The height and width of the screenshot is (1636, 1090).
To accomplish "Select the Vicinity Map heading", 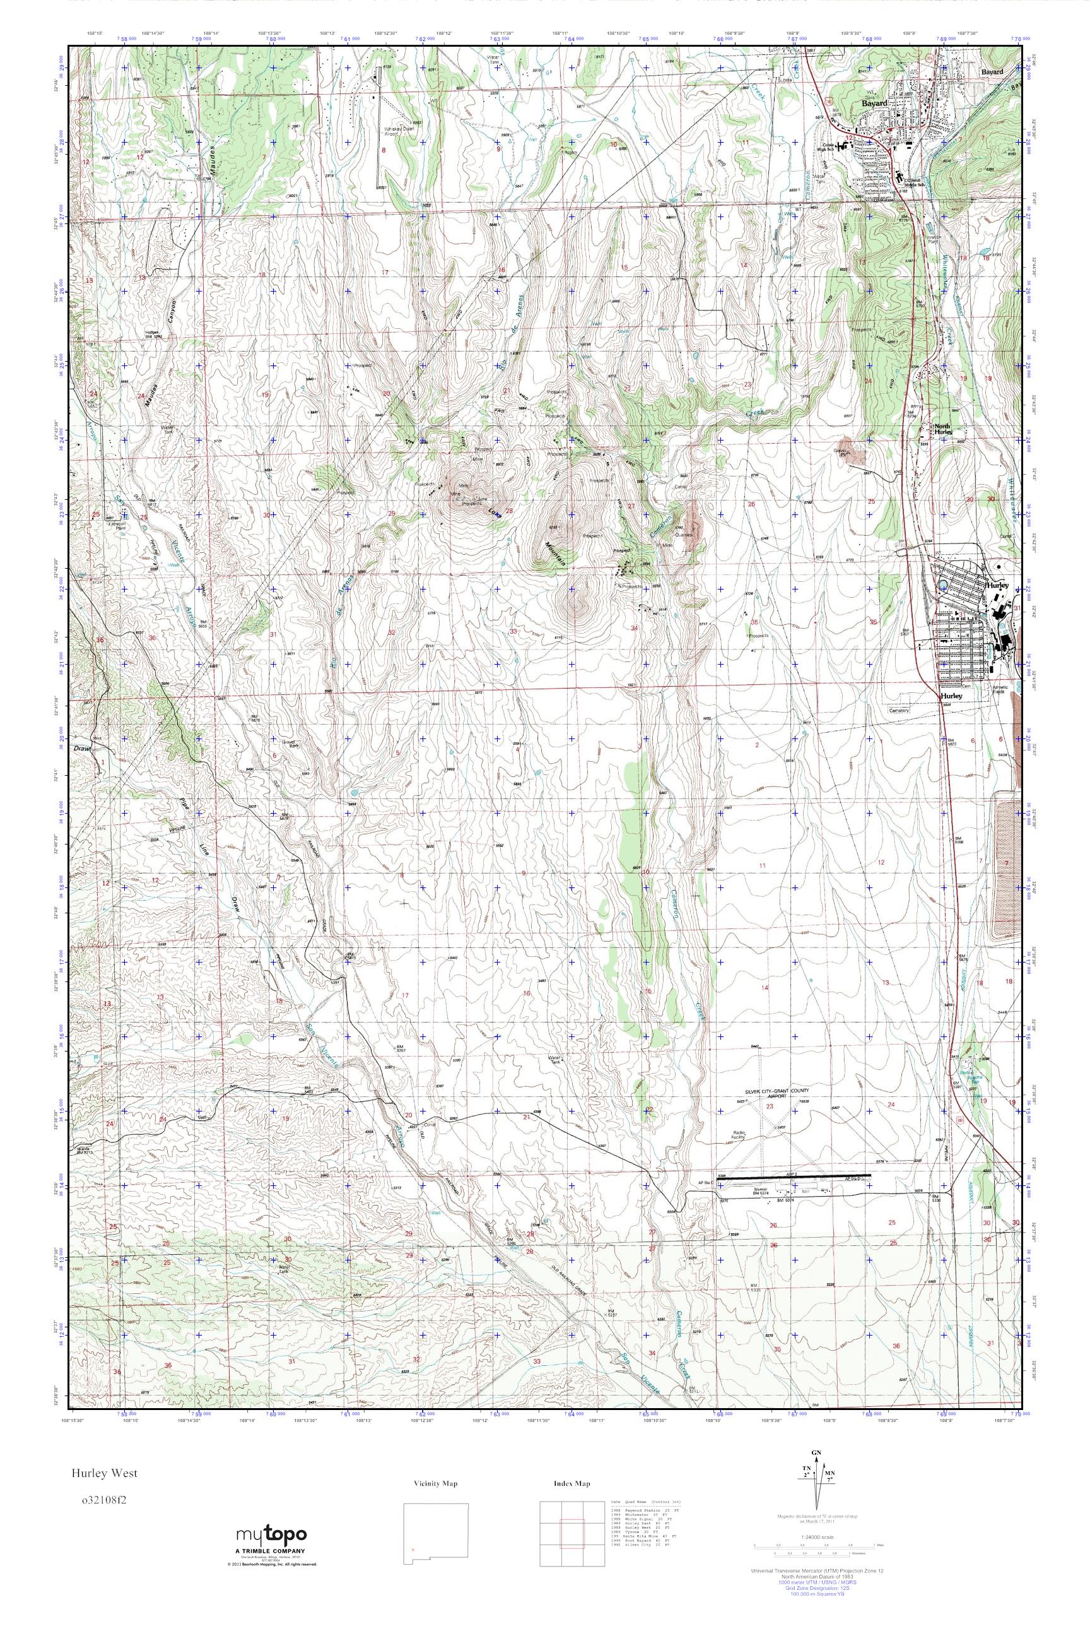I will tap(435, 1484).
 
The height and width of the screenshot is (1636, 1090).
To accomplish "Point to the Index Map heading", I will tap(572, 1484).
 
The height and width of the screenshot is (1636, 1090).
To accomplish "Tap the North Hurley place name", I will tap(942, 429).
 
